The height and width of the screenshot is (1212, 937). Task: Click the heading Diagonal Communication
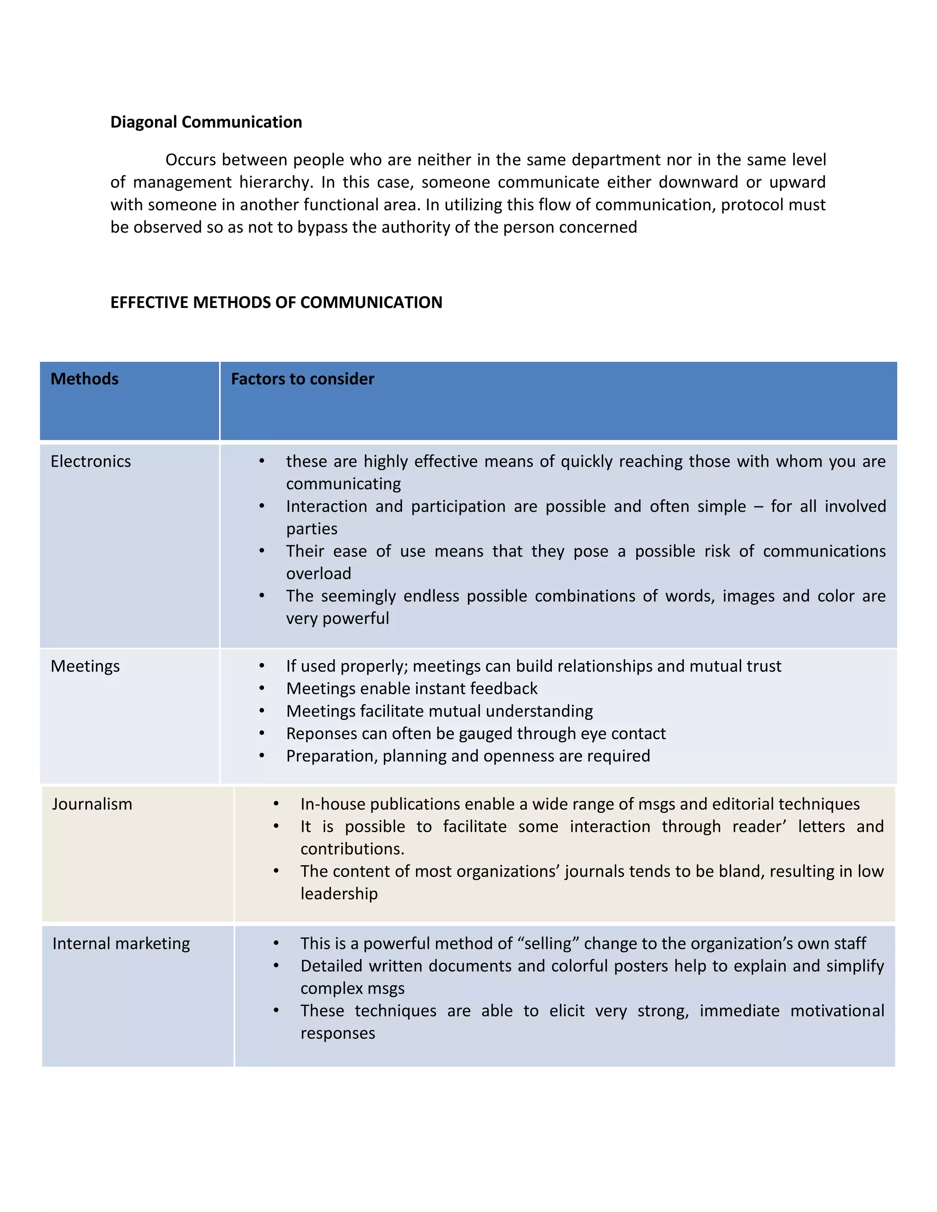[x=206, y=122]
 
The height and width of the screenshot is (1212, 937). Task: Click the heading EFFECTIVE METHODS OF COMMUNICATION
[x=276, y=302]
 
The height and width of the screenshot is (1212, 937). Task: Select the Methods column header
[x=84, y=379]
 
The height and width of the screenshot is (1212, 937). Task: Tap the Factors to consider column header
[x=302, y=379]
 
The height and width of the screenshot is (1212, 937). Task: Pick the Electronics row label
[x=91, y=461]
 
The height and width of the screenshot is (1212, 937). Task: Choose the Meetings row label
[x=85, y=666]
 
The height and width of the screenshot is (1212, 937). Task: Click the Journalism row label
[x=92, y=804]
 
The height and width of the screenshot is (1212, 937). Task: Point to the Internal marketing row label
[x=121, y=944]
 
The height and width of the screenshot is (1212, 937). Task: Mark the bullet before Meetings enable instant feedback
[x=261, y=689]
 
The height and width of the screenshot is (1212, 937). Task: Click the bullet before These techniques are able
[x=276, y=1011]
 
